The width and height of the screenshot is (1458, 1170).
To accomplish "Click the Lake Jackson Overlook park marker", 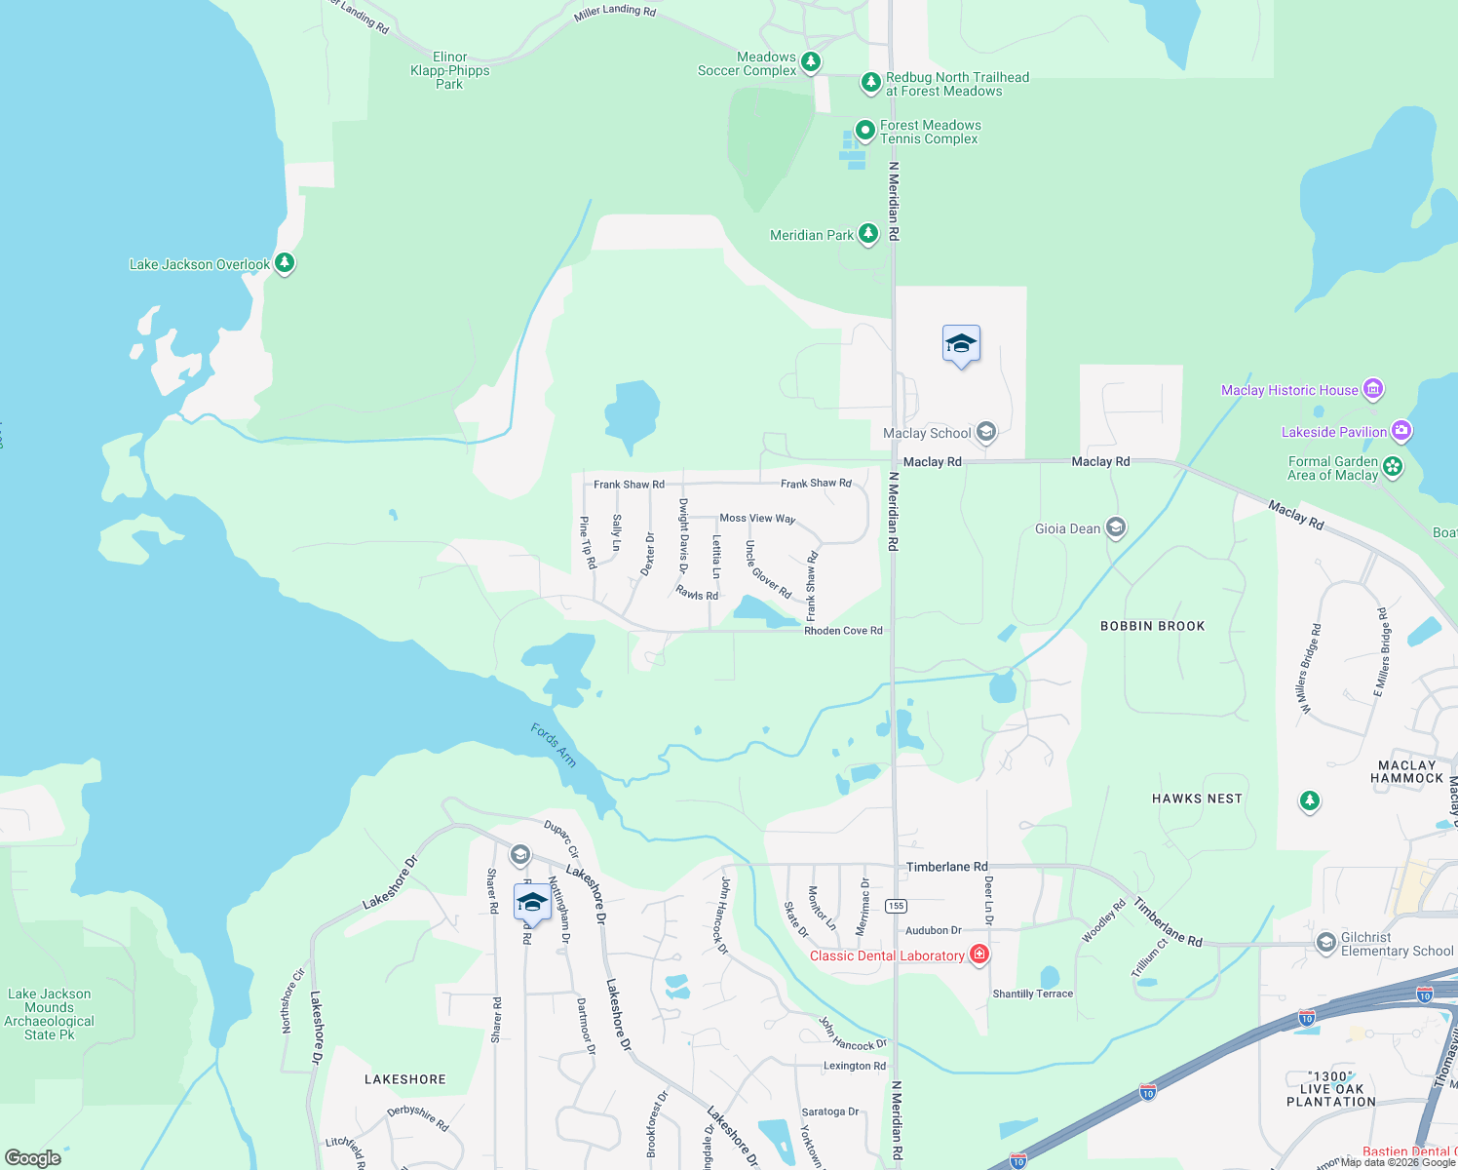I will [x=284, y=263].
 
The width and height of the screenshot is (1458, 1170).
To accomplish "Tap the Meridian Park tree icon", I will [x=867, y=234].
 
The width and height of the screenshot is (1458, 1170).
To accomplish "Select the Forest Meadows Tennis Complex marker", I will [x=864, y=131].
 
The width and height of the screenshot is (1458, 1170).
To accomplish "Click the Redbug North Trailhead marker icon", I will [x=870, y=83].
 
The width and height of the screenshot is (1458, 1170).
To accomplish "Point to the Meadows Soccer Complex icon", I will [x=810, y=63].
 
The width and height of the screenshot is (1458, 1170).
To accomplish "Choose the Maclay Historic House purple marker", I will [x=1372, y=390].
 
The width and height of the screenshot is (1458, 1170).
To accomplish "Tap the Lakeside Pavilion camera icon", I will [x=1400, y=431].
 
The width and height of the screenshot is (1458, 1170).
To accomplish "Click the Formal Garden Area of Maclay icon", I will [x=1393, y=467].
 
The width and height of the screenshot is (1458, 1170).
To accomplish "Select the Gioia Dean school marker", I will [x=1115, y=528].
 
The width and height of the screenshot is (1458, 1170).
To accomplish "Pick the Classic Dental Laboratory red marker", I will [x=979, y=955].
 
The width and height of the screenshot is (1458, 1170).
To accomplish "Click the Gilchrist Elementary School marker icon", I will [x=1325, y=942].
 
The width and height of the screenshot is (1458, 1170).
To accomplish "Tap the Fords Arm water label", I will [x=554, y=745].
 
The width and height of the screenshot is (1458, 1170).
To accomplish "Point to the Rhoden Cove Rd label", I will [x=843, y=631].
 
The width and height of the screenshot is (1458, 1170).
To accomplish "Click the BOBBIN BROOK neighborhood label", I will [x=1152, y=626].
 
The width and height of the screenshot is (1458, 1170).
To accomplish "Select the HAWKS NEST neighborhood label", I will [x=1197, y=799].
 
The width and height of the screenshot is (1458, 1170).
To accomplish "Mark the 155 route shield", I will [x=896, y=906].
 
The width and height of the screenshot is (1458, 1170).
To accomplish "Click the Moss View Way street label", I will [x=757, y=519].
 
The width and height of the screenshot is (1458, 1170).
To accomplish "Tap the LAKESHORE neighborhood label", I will [x=404, y=1079].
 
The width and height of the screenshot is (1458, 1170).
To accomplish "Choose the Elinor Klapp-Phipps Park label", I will [x=449, y=70].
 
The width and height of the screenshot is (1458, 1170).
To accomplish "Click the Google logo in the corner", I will [x=33, y=1158].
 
